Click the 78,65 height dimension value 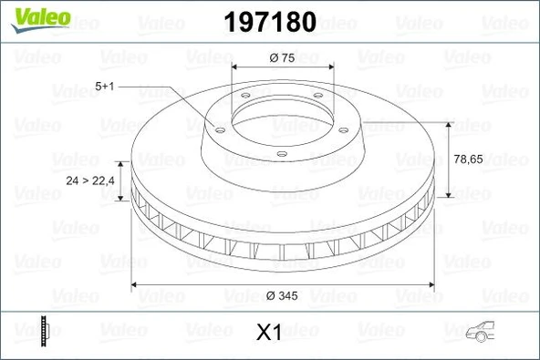[x=468, y=158]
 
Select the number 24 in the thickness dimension [x=73, y=180]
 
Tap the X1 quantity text [x=266, y=333]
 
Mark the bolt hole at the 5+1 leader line [x=219, y=129]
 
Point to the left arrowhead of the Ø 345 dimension [x=138, y=285]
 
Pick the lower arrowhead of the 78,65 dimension [x=449, y=194]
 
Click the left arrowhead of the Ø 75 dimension [x=235, y=68]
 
